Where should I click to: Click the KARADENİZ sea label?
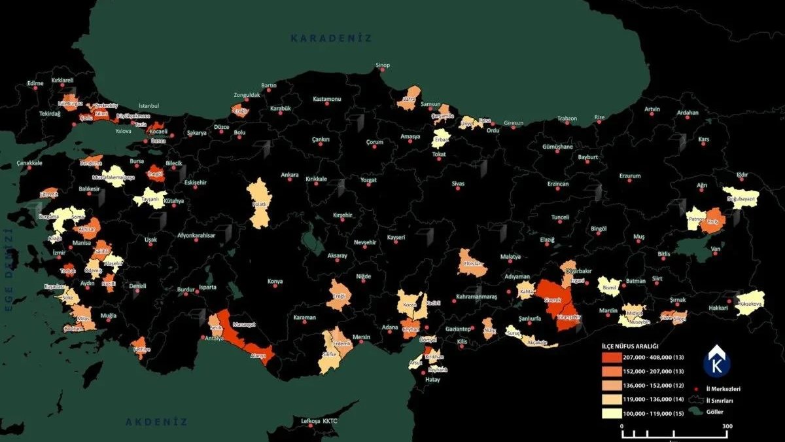coord(331,39)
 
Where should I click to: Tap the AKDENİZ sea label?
coord(156,422)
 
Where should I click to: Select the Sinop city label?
coord(382,65)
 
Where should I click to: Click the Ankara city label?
coord(289,175)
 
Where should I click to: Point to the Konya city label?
coord(275,282)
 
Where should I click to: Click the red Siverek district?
coord(553,298)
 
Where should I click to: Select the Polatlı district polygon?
coord(259,203)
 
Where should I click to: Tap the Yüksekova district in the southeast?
coord(750,303)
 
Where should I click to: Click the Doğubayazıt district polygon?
coord(741,197)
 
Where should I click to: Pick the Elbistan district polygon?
coord(472,263)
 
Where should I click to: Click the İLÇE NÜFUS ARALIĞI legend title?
coord(634,344)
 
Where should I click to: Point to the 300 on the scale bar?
coord(727,426)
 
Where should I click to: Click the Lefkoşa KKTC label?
coord(319,421)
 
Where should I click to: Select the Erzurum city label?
coord(630,175)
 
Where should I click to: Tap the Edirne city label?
coord(35,83)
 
